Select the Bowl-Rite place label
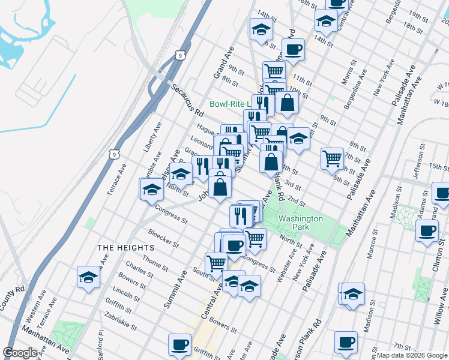tap(229, 104)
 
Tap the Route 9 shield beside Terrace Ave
tap(113, 154)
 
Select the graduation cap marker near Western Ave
tap(88, 278)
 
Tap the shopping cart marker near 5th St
tap(332, 158)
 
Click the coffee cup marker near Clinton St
tap(427, 231)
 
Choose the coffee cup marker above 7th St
tap(345, 341)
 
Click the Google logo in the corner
tap(20, 353)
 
